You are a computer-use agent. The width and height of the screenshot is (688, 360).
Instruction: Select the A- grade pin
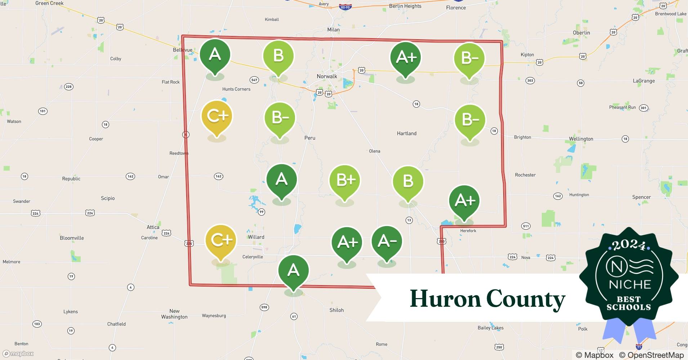[387, 242]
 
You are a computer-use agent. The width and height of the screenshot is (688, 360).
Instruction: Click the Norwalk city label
[327, 76]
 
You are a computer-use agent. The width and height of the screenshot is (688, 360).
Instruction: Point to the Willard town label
[256, 237]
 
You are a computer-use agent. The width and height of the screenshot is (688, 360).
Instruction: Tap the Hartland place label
[407, 134]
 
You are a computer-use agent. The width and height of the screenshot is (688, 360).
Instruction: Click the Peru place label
[310, 138]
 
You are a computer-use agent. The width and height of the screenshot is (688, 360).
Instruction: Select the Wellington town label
[581, 139]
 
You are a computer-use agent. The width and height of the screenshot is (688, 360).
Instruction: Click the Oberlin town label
[581, 33]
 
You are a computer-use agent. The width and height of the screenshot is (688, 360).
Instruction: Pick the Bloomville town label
[72, 238]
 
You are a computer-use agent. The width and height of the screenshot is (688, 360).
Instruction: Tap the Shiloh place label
[336, 310]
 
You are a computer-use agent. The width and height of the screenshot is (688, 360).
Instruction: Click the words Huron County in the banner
[487, 299]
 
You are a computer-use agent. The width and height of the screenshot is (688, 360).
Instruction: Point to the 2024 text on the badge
[629, 245]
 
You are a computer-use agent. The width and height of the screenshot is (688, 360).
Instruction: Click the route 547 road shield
[254, 80]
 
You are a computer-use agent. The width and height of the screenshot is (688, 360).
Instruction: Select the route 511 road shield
[526, 226]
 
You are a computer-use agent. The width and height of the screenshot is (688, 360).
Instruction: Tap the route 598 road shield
[264, 307]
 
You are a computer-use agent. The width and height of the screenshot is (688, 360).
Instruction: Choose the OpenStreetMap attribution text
[651, 355]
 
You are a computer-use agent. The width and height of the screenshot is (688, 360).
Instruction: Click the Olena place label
[375, 151]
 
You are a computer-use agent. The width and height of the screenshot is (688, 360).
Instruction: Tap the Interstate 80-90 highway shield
[345, 7]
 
